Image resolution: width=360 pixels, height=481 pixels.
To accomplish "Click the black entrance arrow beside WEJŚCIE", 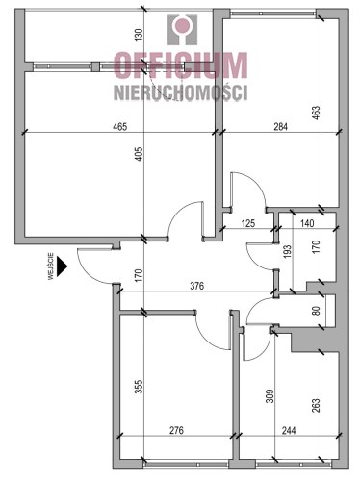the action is point(62,266).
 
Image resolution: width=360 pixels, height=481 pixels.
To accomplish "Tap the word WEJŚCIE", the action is point(51,266).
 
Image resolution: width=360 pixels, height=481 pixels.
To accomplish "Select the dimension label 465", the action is point(120,126).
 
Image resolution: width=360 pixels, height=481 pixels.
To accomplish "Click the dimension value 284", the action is point(280,126).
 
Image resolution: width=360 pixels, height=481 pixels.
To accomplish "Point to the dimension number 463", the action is point(316,114).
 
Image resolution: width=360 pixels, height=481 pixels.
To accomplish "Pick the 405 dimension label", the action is point(140,154).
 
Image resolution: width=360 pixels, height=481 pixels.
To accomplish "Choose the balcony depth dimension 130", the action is point(139,36).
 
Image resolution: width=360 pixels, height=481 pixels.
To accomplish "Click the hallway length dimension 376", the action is point(196,286).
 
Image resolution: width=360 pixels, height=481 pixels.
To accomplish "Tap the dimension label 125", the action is point(248,223).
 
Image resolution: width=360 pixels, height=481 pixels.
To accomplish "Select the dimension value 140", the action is point(307,223).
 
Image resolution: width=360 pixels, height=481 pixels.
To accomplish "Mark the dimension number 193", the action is point(287,252).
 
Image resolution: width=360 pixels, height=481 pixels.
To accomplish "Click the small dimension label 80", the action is point(316,311).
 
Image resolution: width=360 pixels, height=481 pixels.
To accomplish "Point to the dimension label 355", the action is point(140,387).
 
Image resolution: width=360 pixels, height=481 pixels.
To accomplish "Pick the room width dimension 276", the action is point(176,430).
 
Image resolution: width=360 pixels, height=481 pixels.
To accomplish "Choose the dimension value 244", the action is point(289,430).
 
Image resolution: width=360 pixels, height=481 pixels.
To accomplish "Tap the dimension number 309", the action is point(270,396).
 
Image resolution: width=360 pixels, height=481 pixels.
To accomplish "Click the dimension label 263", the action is point(316,406).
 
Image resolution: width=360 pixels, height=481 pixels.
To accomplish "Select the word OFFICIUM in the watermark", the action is point(181,65).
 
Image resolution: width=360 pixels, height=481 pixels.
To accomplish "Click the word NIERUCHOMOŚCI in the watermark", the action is point(181,92).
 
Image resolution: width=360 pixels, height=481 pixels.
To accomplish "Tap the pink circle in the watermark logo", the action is point(182,25).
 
